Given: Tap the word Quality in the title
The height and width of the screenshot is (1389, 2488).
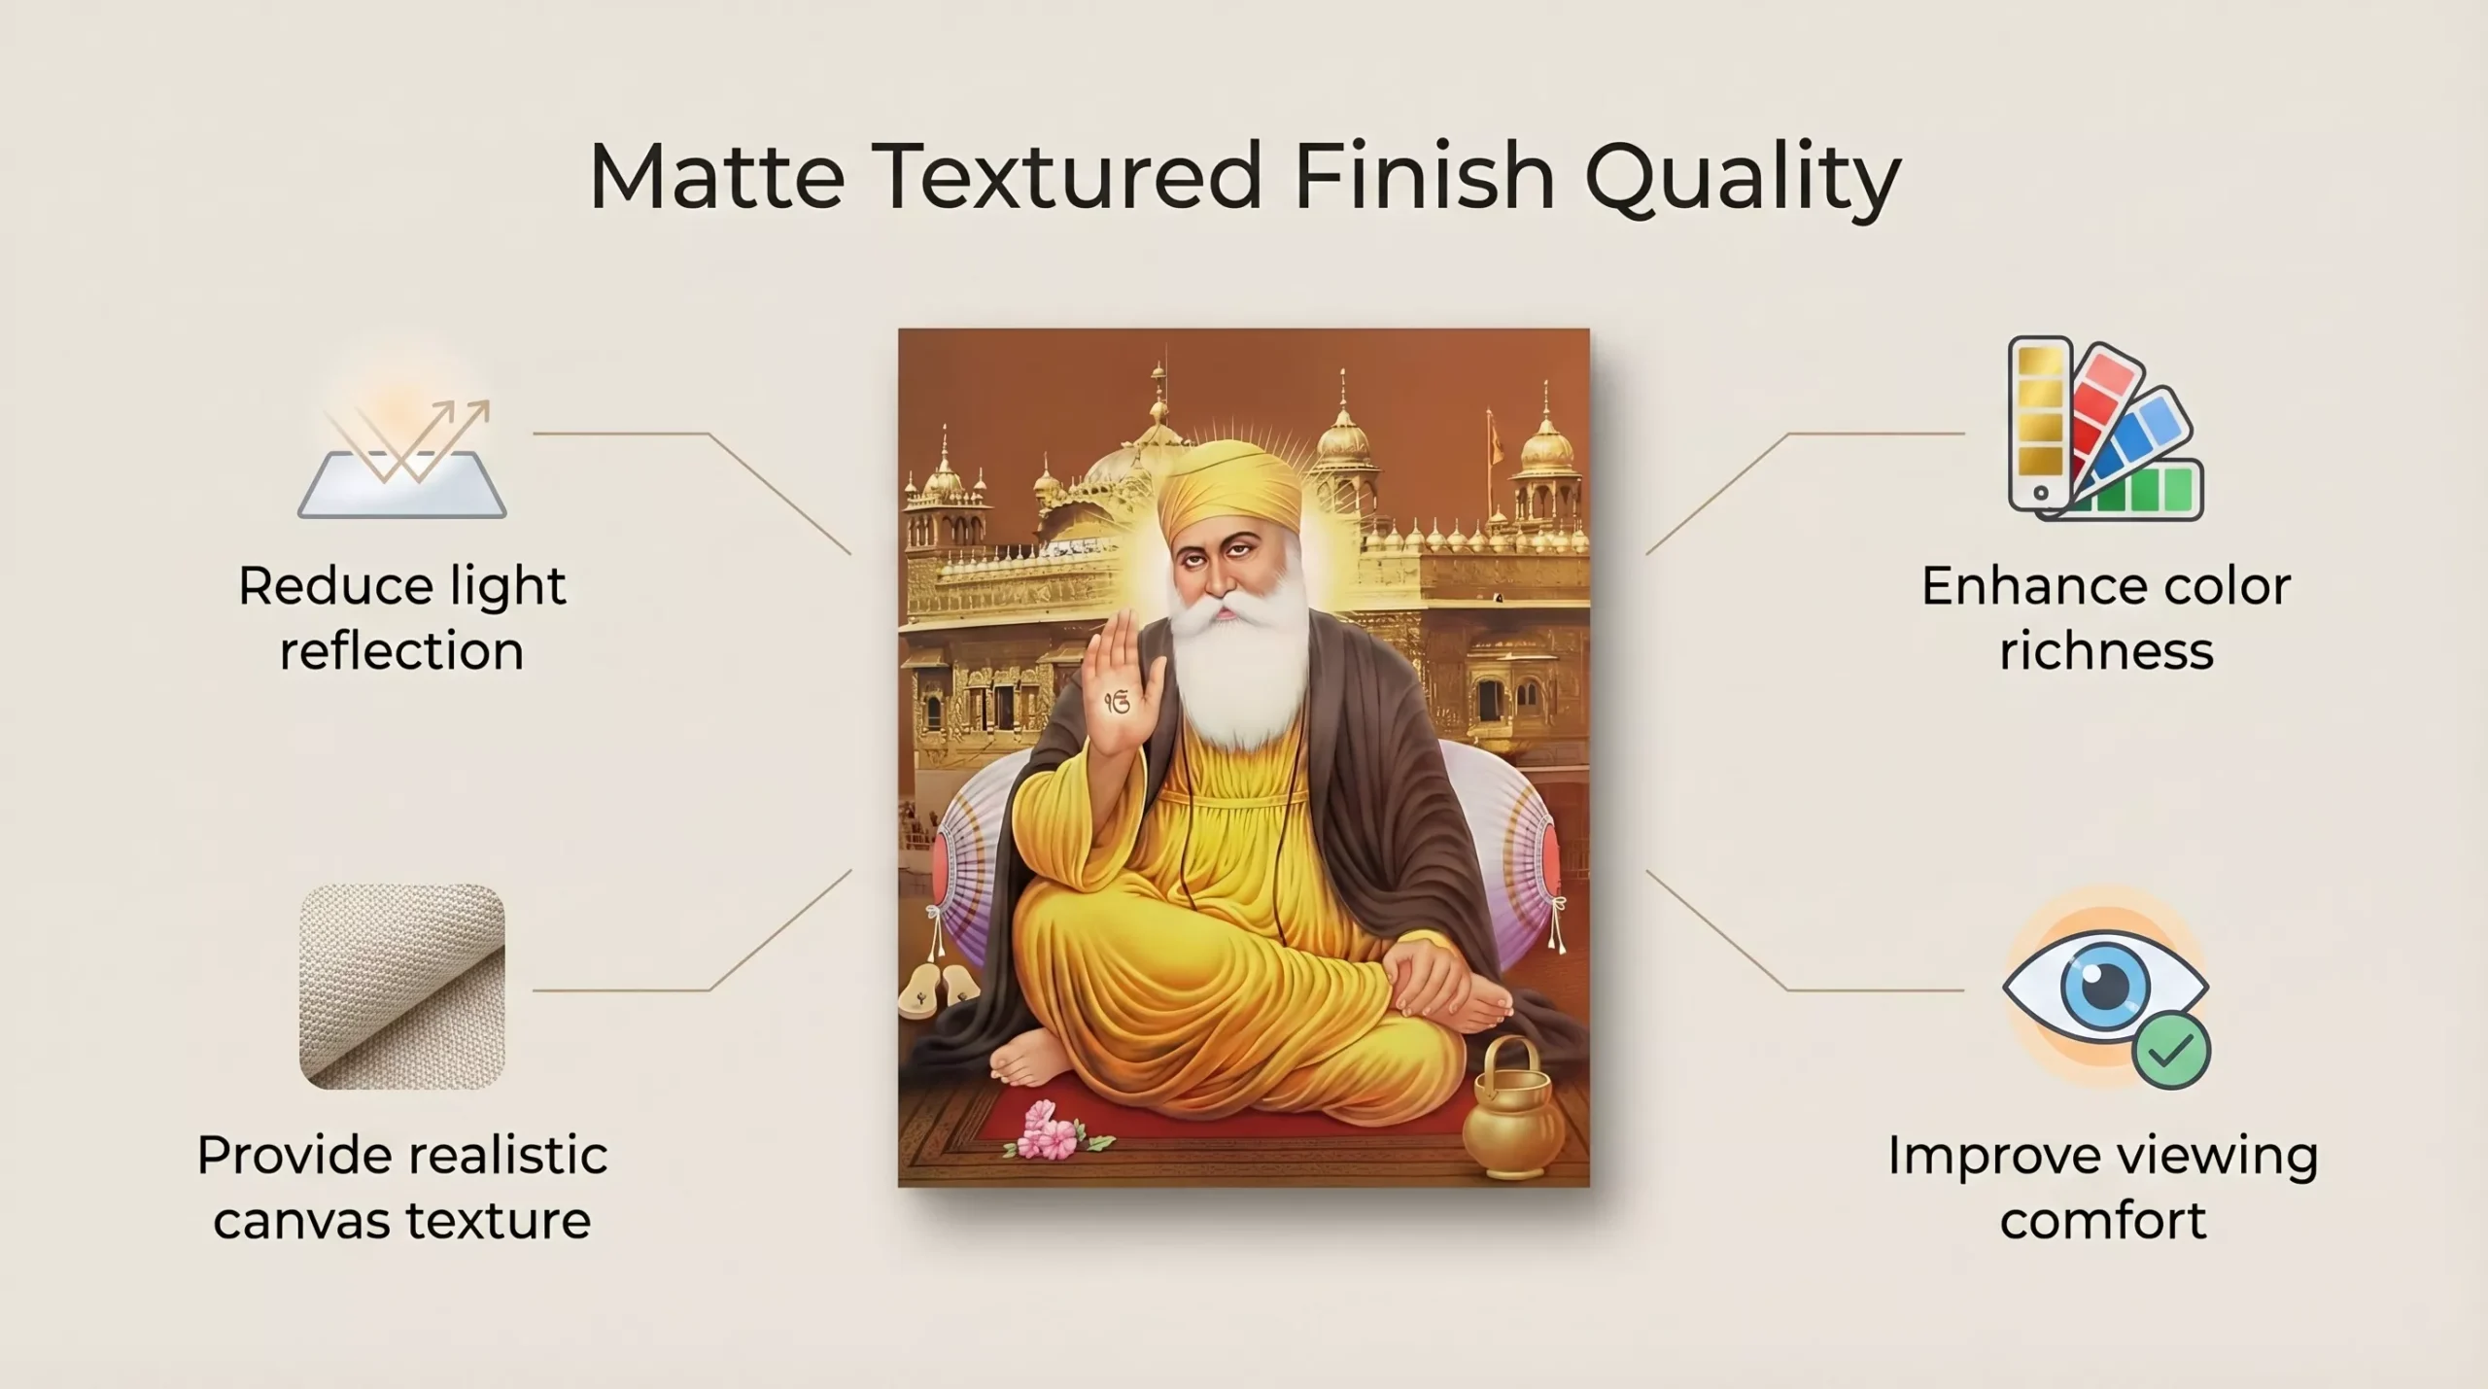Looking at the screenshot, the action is (x=1743, y=181).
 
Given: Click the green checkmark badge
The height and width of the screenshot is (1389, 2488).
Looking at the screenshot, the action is (x=2171, y=1049).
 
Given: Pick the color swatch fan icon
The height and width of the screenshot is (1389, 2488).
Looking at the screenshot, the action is (x=2105, y=429).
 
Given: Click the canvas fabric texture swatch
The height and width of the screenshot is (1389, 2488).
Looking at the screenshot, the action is (x=402, y=986).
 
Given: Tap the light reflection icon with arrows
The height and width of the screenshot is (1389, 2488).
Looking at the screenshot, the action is (x=402, y=453).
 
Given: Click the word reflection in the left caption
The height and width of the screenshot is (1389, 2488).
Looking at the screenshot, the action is (x=401, y=651).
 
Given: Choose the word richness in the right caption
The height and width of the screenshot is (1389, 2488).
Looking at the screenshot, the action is (x=2106, y=651).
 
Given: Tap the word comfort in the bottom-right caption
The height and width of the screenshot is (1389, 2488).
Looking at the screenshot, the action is (x=2103, y=1220).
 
